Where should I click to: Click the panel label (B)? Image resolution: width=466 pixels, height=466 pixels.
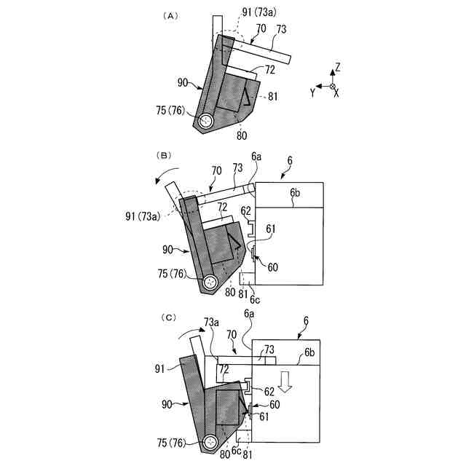165,155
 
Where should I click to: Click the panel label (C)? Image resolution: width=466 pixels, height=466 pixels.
168,317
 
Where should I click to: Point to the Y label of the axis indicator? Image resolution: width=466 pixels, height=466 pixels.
312,92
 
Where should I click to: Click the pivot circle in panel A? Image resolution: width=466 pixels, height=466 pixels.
207,122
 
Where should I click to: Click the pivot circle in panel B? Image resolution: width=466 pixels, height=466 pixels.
211,282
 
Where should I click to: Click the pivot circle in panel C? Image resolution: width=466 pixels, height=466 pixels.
211,441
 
